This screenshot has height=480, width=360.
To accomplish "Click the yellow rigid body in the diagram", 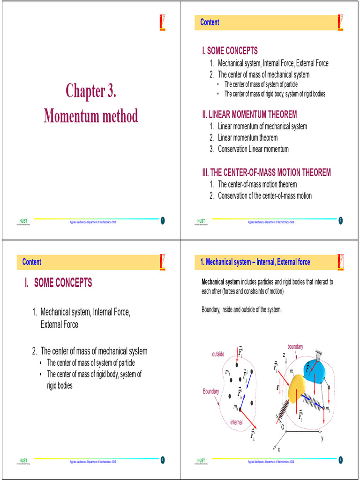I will pyautogui.click(x=296, y=389).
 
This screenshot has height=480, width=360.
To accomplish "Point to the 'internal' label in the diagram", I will pyautogui.click(x=236, y=422).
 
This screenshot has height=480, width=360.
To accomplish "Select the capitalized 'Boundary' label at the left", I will pyautogui.click(x=211, y=391).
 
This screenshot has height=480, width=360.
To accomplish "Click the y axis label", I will pyautogui.click(x=322, y=438).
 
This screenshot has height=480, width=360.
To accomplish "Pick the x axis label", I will pyautogui.click(x=279, y=449).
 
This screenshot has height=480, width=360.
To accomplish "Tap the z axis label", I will pyautogui.click(x=285, y=355).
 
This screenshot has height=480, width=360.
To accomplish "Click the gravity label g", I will pyautogui.click(x=278, y=387).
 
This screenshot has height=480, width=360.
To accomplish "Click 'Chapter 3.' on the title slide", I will pyautogui.click(x=90, y=91).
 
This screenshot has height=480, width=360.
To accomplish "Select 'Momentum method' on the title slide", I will pyautogui.click(x=90, y=115).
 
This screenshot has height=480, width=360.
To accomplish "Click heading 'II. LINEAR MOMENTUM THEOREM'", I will pyautogui.click(x=249, y=114).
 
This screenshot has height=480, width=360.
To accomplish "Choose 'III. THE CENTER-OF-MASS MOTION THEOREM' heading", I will pyautogui.click(x=266, y=172).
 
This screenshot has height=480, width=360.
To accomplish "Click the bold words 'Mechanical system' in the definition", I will pyautogui.click(x=220, y=282).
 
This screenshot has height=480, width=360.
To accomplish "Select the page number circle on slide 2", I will pyautogui.click(x=341, y=221).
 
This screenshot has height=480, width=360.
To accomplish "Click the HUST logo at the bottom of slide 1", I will pyautogui.click(x=23, y=221).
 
